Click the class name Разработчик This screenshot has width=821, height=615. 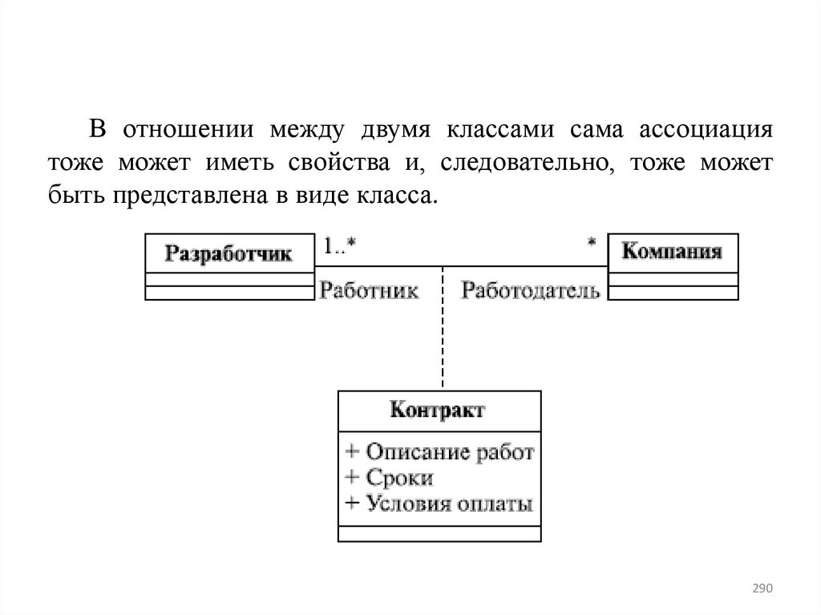[x=229, y=255]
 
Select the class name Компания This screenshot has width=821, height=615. [x=672, y=252]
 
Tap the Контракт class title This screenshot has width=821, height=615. [x=438, y=412]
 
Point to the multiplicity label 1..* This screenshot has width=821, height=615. [x=339, y=246]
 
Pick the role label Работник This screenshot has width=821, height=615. [x=369, y=290]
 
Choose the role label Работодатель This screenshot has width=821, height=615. [x=531, y=290]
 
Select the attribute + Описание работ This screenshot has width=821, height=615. [x=439, y=452]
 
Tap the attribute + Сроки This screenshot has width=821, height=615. [x=390, y=479]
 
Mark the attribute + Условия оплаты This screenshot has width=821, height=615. [x=439, y=504]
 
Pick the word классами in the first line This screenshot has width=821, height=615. [x=499, y=130]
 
